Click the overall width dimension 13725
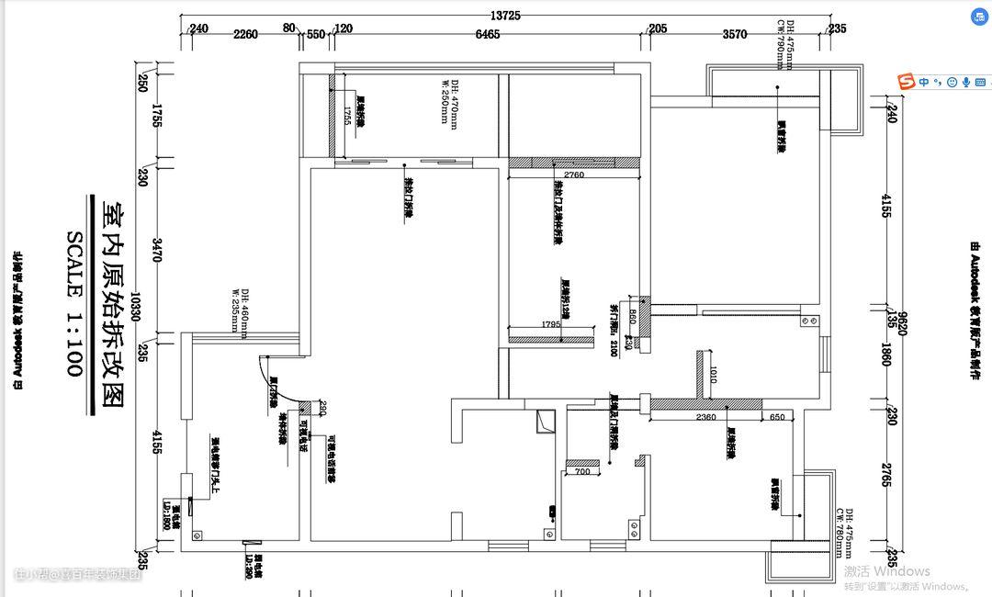click(505, 16)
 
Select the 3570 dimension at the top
click(735, 34)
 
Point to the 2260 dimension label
click(245, 34)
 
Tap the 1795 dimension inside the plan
click(550, 324)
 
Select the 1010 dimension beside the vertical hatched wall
click(713, 375)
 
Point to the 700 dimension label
click(582, 472)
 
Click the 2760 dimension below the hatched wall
click(574, 175)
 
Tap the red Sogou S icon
click(907, 82)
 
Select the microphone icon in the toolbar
click(966, 82)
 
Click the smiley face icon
click(953, 82)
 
